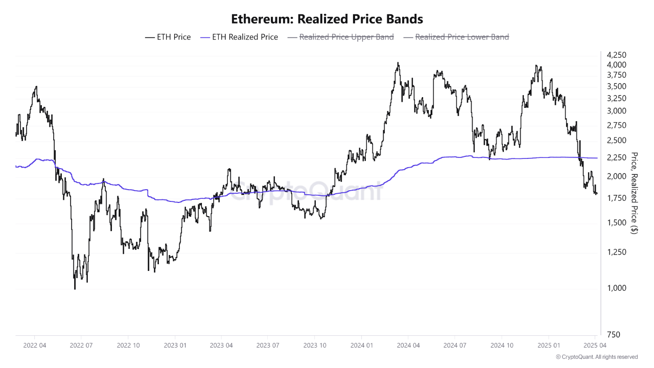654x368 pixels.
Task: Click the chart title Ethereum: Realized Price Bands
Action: click(327, 19)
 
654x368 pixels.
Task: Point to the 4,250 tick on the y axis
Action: click(616, 55)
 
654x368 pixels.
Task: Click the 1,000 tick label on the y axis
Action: click(616, 288)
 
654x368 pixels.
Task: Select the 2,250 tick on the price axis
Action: click(616, 157)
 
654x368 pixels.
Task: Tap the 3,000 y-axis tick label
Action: click(616, 111)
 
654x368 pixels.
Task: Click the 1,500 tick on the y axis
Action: click(616, 222)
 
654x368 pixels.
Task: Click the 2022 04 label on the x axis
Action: click(34, 346)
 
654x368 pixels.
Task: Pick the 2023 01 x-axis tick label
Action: click(174, 346)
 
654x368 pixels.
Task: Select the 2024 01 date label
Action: click(361, 346)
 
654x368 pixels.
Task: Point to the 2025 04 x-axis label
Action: click(595, 346)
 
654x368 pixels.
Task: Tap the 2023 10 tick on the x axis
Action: click(314, 346)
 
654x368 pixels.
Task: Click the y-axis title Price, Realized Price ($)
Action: click(635, 193)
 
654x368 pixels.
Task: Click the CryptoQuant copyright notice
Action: click(596, 357)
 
